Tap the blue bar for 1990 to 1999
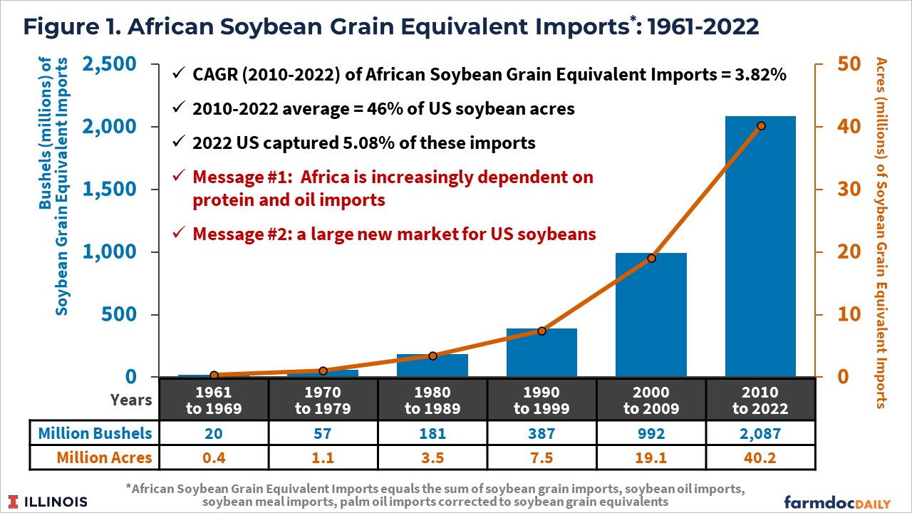541,352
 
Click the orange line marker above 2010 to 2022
761,125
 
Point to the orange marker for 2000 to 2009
651,258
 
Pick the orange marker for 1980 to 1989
432,356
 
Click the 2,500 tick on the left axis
111,64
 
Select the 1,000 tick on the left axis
111,252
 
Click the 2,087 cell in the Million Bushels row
760,432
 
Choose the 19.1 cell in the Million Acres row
651,457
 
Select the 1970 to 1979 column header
323,400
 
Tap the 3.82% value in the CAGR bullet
758,75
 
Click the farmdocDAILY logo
836,500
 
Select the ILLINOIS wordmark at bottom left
50,501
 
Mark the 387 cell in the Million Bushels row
541,432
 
